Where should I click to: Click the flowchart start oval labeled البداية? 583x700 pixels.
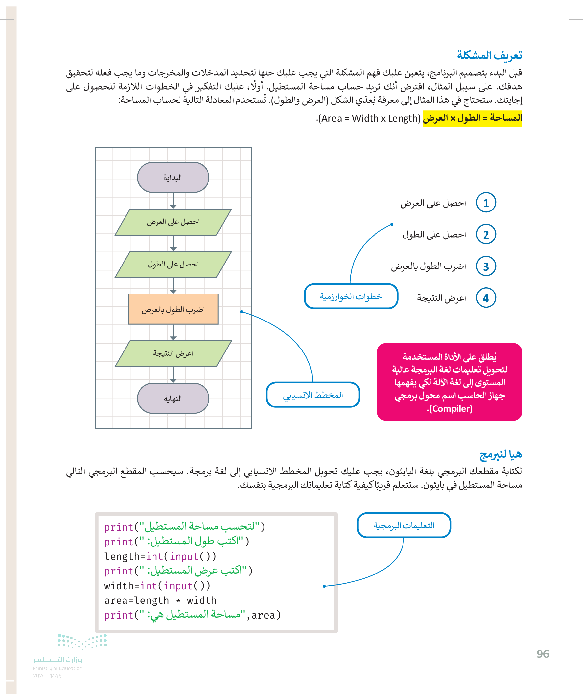(x=173, y=177)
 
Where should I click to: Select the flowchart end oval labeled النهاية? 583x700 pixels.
(x=173, y=398)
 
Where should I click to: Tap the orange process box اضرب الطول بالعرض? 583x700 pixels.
(x=173, y=309)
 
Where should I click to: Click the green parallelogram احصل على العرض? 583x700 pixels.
(x=173, y=222)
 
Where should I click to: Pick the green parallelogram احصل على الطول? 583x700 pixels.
(x=173, y=264)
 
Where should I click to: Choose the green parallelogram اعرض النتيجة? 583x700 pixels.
(x=173, y=353)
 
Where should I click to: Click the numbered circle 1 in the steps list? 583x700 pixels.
(x=486, y=203)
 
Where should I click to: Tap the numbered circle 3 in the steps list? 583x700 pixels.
(x=486, y=266)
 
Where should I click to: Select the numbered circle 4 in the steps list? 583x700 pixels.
(x=486, y=298)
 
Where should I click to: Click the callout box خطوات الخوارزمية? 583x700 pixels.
(x=351, y=296)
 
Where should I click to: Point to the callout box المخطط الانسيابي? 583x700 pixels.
(x=313, y=395)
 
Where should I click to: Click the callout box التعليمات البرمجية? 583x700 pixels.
(x=404, y=525)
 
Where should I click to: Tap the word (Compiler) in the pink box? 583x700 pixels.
(x=450, y=409)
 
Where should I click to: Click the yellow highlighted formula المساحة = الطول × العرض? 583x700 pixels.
(x=472, y=118)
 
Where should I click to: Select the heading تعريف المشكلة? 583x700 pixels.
(x=489, y=55)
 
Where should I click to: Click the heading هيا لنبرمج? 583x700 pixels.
(x=500, y=454)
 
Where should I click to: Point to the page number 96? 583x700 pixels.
(x=543, y=654)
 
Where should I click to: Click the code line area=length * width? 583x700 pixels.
(x=160, y=600)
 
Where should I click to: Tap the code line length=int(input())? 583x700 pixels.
(x=160, y=556)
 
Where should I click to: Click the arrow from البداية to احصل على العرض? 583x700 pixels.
(x=173, y=201)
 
